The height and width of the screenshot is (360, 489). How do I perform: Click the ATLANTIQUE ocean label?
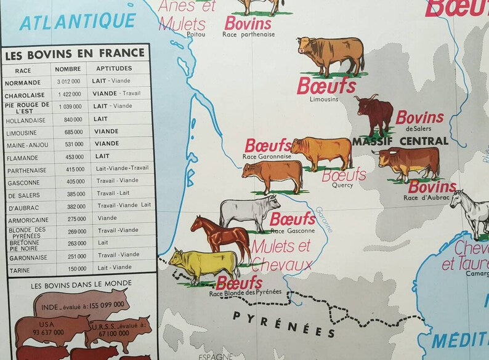[x=77, y=22]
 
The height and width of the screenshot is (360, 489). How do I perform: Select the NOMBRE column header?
[x=67, y=70]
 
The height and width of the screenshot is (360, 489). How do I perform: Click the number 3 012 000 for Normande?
[x=68, y=82]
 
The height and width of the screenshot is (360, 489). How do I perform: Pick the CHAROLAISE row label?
[x=25, y=95]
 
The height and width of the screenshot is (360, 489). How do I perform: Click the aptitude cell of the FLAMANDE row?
[x=102, y=156]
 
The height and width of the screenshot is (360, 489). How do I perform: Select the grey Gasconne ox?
[x=249, y=211]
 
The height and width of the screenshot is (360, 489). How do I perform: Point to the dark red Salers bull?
[x=374, y=114]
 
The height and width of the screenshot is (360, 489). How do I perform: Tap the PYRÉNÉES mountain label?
[x=284, y=324]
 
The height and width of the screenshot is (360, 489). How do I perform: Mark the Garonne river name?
[x=324, y=219]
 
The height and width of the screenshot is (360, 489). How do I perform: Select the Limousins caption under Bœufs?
[x=324, y=99]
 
